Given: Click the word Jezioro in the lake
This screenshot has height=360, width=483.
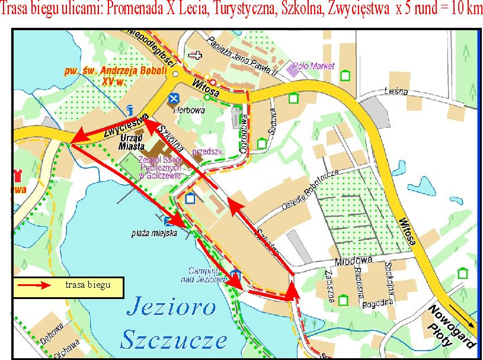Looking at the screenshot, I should click(169, 309).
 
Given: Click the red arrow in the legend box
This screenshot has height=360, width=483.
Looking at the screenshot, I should click(36, 286).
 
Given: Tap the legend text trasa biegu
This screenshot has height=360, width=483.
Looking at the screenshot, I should click(87, 285).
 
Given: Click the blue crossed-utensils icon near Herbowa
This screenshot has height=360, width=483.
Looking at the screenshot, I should click(173, 98).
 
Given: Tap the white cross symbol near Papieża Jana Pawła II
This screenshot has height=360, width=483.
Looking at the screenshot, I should click(193, 54).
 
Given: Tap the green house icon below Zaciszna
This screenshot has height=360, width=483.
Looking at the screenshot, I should click(343, 301).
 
